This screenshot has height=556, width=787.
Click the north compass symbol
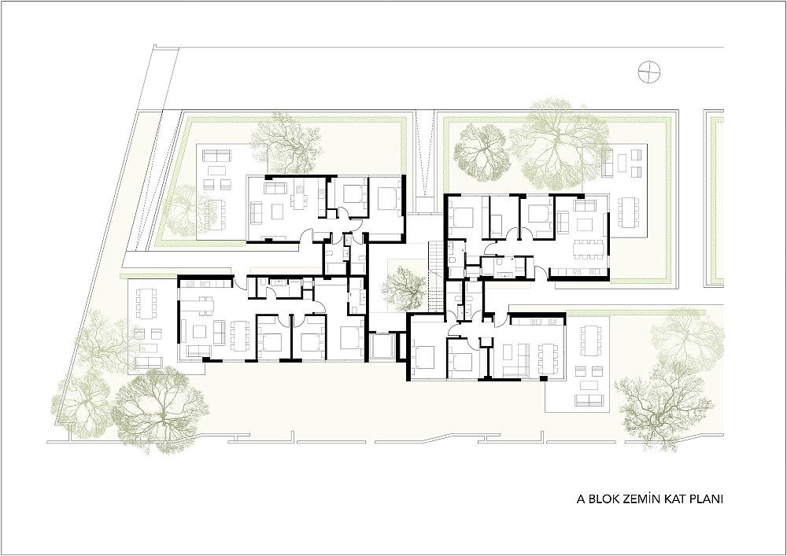649,72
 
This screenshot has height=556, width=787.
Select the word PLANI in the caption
706,499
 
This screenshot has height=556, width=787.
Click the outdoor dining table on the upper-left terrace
214,214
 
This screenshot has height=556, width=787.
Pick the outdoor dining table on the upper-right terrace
629,212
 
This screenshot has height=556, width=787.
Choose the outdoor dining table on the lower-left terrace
146,304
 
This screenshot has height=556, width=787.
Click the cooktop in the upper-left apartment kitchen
300,190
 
